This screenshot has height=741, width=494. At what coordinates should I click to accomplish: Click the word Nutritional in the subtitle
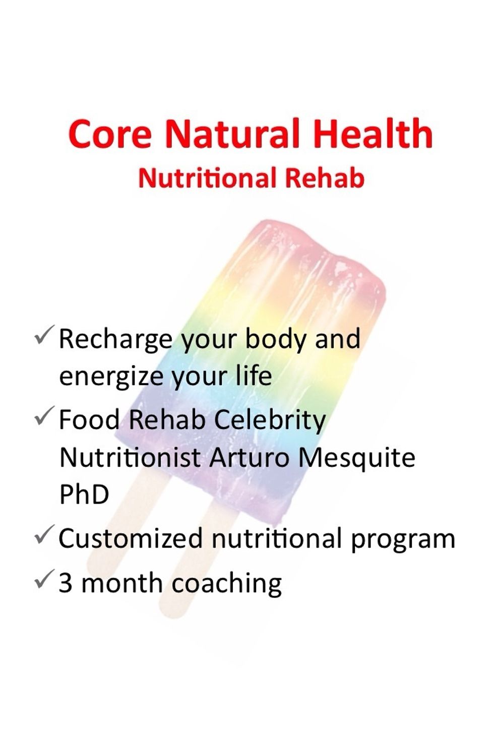tap(208, 177)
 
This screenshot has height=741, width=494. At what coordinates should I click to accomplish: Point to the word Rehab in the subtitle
tap(325, 177)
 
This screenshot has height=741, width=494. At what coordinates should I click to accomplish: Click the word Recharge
tap(116, 341)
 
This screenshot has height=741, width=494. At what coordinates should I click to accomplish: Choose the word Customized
tap(131, 538)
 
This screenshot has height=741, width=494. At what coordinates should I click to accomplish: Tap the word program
tap(403, 540)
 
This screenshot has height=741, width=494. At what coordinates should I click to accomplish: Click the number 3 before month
tap(66, 583)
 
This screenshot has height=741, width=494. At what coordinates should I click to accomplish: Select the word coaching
tap(227, 585)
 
